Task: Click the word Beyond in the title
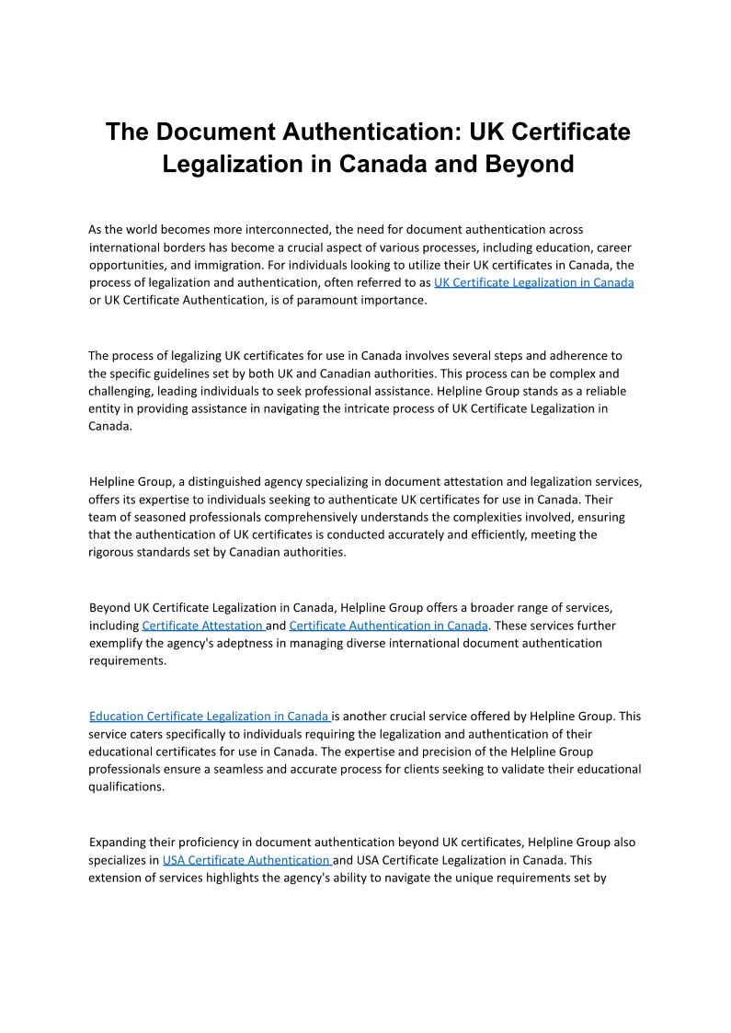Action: coord(528,164)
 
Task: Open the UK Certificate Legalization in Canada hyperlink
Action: coord(533,282)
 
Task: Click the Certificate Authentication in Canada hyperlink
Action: coord(388,626)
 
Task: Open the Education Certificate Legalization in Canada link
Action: coord(209,716)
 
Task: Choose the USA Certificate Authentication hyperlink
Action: coord(246,860)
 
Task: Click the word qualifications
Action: coord(126,786)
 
